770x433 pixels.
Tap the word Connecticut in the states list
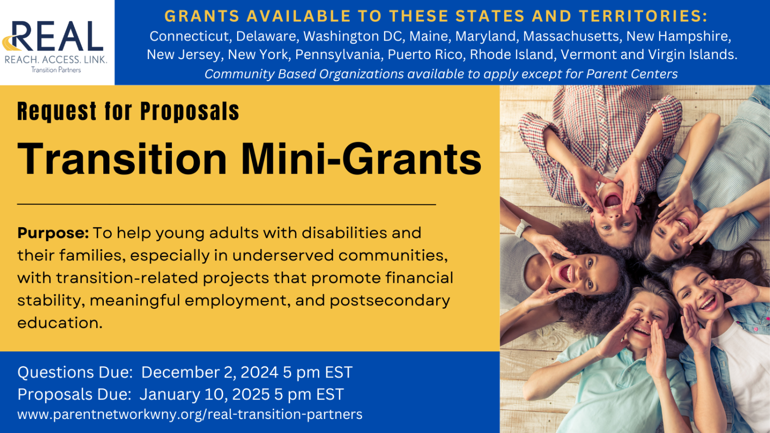pos(189,37)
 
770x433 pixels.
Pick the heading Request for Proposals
pos(128,111)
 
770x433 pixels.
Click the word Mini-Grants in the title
pos(361,159)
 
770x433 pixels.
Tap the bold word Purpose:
pos(53,233)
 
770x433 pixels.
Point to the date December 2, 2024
pos(210,372)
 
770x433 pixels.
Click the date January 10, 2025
pos(205,394)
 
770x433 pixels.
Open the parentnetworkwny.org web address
pos(190,414)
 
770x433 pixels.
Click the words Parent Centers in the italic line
pos(632,74)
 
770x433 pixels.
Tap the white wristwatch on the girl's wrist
pos(521,228)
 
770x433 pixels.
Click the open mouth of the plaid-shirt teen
pos(613,200)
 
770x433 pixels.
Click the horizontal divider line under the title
pos(227,204)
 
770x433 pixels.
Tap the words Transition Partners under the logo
pos(56,70)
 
